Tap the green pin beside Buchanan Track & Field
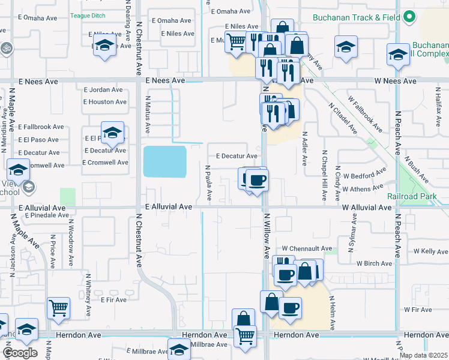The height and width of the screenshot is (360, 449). point(409,17)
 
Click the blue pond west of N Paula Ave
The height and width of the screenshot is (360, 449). point(164,161)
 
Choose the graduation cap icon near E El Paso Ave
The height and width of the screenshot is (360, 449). point(112,133)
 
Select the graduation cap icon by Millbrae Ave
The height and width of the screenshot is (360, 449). point(178,349)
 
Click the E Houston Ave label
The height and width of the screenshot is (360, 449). point(105,102)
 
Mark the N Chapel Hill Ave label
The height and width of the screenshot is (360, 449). point(324,175)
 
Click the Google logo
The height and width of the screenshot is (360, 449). point(20,353)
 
